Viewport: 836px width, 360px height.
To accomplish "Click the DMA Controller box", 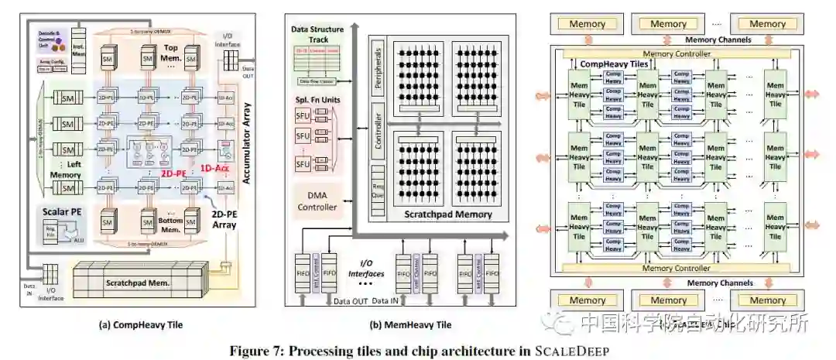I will [x=317, y=201].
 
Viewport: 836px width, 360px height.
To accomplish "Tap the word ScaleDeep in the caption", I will [x=571, y=350].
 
